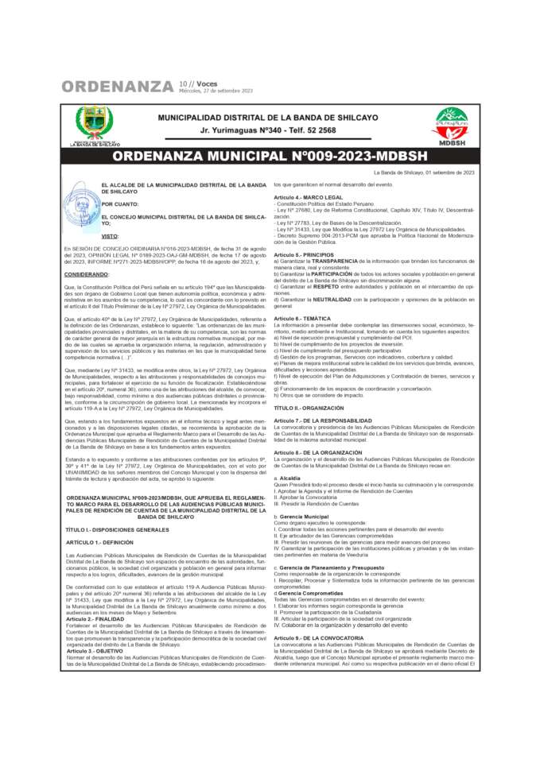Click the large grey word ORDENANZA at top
118,86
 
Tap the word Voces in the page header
206,83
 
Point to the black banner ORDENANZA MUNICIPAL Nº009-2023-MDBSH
270,156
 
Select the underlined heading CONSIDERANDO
87,273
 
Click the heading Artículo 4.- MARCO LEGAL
308,196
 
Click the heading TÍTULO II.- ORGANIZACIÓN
310,406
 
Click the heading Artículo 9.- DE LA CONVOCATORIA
318,637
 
